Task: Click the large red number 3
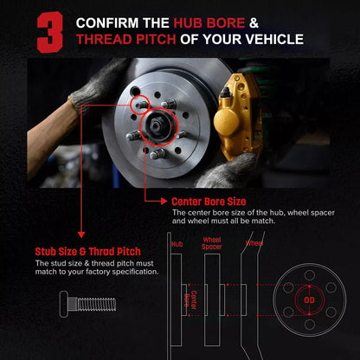(x=50, y=32)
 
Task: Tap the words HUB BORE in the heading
(x=209, y=23)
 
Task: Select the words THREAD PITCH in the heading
(x=126, y=39)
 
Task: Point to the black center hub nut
(x=157, y=125)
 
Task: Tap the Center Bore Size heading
(x=209, y=202)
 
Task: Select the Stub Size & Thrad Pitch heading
(x=87, y=252)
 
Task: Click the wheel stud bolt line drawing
(x=87, y=305)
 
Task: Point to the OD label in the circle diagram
(x=309, y=300)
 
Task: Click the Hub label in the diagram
(x=177, y=244)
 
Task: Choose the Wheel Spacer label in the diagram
(x=212, y=243)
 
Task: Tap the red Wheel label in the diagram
(x=254, y=243)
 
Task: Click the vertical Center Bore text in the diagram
(x=190, y=300)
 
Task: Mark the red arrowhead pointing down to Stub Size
(x=81, y=234)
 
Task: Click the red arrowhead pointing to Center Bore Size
(x=164, y=201)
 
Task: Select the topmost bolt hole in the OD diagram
(x=310, y=275)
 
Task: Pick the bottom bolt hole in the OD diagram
(x=310, y=325)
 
